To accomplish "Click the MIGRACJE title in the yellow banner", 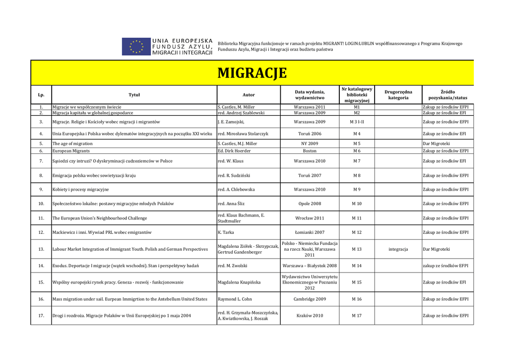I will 252,73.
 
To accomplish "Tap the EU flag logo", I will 136,47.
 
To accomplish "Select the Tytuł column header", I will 134,95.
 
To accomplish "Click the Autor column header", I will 249,95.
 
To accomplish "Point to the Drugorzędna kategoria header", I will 398,95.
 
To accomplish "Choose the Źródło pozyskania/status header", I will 447,95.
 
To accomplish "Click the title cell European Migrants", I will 71,151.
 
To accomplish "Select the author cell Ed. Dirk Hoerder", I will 234,151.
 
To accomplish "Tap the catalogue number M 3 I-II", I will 357,122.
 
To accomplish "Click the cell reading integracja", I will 398,249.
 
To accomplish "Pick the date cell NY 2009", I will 310,144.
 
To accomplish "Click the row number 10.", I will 41,204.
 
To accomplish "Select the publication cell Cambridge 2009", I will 310,299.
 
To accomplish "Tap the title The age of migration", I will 72,144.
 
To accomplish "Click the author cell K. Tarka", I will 226,232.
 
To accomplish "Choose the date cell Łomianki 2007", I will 310,232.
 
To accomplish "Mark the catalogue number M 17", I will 357,316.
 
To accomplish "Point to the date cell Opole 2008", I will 310,204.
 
